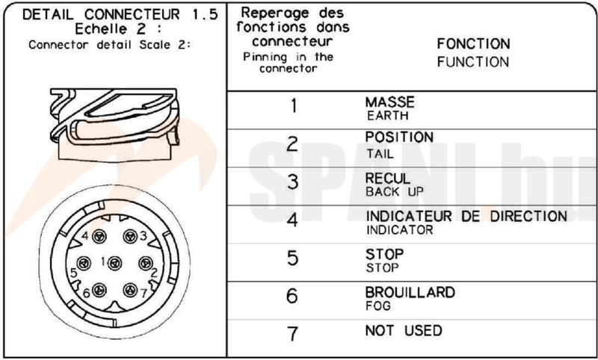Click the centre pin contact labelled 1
coord(114,263)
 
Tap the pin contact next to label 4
coord(99,236)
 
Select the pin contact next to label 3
coord(130,236)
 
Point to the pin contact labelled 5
coord(84,263)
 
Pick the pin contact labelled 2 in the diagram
coord(145,263)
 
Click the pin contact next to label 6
coord(99,290)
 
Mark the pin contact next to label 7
coord(130,290)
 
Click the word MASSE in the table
coord(389,102)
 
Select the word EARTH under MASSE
coord(387,116)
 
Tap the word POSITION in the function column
coord(399,137)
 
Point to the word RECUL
coord(388,179)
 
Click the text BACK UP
coord(395,192)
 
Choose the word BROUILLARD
coord(410,293)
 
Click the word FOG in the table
coord(379,305)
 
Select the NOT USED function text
coord(404,330)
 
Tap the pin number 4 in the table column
coord(292,220)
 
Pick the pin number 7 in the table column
coord(292,334)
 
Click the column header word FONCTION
coord(473,44)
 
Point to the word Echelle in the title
coord(101,29)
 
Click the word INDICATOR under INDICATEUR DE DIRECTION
coord(400,230)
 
